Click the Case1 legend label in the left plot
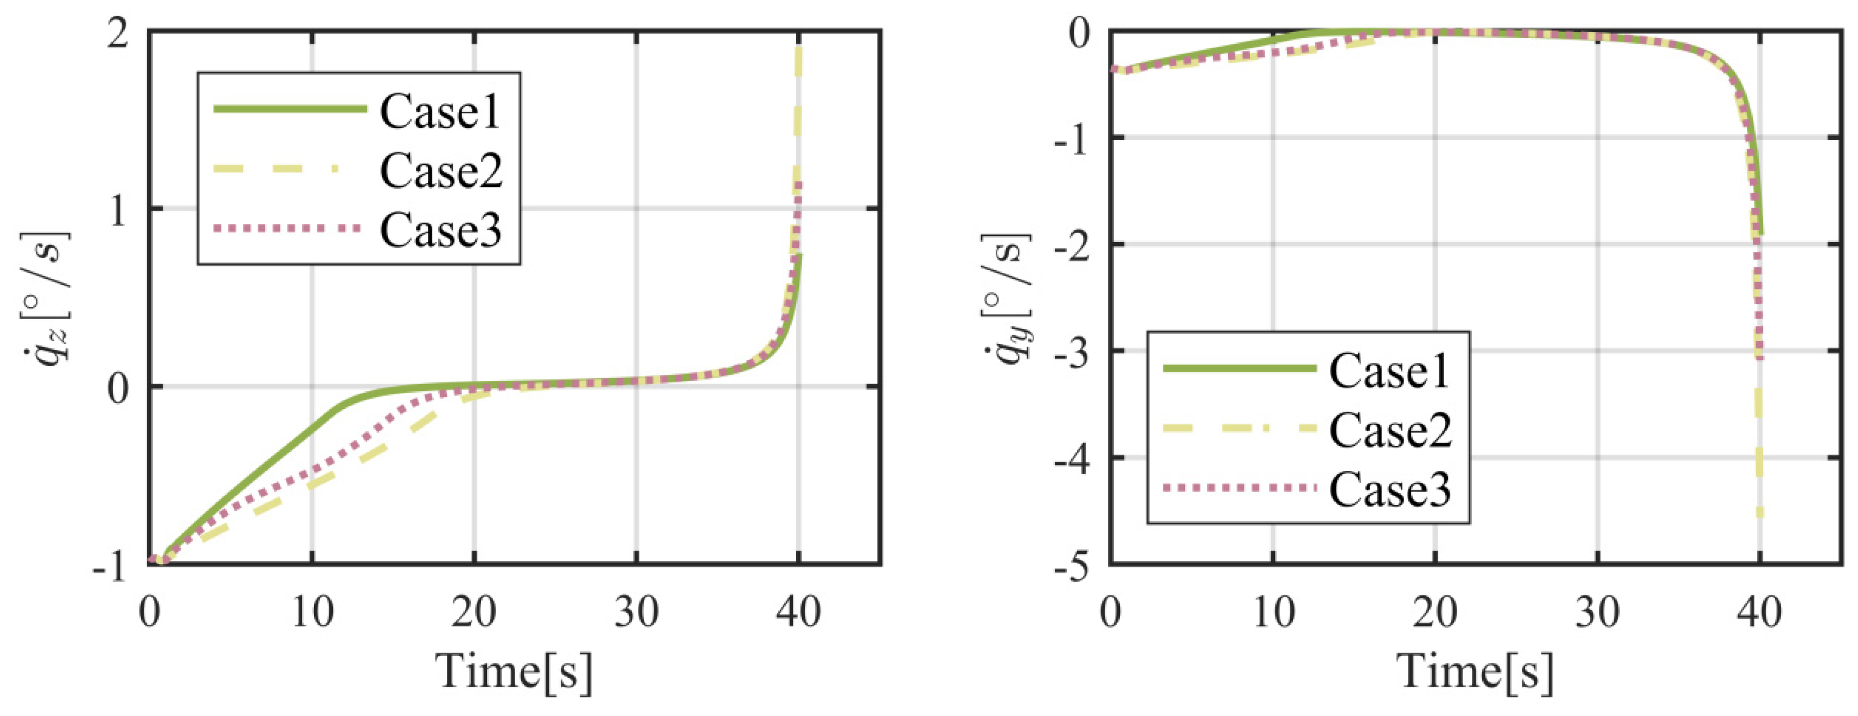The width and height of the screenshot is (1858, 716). click(x=440, y=112)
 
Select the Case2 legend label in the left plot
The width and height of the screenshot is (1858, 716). click(x=440, y=171)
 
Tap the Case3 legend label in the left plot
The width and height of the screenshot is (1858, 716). click(x=440, y=230)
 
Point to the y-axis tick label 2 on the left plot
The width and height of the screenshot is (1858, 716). click(x=118, y=33)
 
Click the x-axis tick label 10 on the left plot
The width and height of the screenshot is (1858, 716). click(x=312, y=613)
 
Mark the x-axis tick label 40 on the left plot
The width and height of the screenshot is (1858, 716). click(x=798, y=613)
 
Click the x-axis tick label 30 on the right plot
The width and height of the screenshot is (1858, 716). click(x=1597, y=613)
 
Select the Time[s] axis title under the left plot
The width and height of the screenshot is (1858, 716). click(x=514, y=673)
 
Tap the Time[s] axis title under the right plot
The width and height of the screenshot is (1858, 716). click(x=1475, y=673)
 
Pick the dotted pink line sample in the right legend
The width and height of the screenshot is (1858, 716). click(x=1239, y=488)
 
